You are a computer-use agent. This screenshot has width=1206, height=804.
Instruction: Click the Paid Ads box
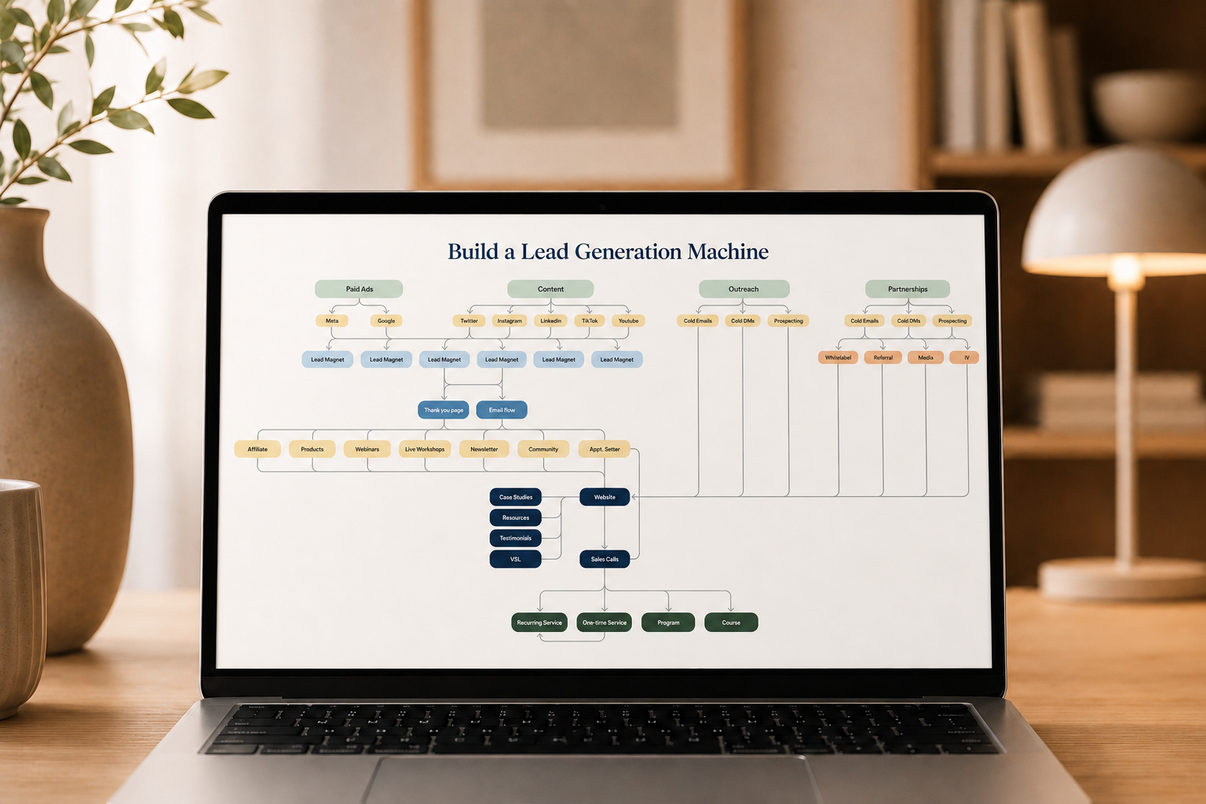[359, 289]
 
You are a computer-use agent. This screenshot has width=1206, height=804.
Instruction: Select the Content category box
[550, 289]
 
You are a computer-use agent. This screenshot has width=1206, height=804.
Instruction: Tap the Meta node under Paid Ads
[331, 320]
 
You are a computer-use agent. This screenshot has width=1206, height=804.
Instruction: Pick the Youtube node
[628, 320]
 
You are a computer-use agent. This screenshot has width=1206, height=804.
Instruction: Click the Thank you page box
[443, 410]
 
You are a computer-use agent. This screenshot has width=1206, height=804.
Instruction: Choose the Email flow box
[502, 410]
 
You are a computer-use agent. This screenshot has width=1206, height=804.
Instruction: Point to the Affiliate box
[258, 448]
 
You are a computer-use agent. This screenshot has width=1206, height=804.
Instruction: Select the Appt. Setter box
[604, 448]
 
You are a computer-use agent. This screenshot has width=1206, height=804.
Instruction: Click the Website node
[605, 496]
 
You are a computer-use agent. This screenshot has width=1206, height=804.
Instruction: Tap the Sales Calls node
[605, 559]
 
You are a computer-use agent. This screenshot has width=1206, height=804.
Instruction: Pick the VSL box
[515, 559]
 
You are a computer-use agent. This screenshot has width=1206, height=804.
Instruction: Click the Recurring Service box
[539, 622]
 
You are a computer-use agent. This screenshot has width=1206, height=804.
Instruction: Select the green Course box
[731, 622]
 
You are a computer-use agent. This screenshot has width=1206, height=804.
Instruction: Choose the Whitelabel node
[838, 357]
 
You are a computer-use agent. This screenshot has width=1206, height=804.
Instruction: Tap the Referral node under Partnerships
[883, 357]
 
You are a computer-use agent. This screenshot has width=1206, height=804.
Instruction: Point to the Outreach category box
[744, 289]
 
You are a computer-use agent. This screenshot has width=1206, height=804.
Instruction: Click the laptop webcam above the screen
[602, 206]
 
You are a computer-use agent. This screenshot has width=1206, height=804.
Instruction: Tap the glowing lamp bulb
[1125, 271]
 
